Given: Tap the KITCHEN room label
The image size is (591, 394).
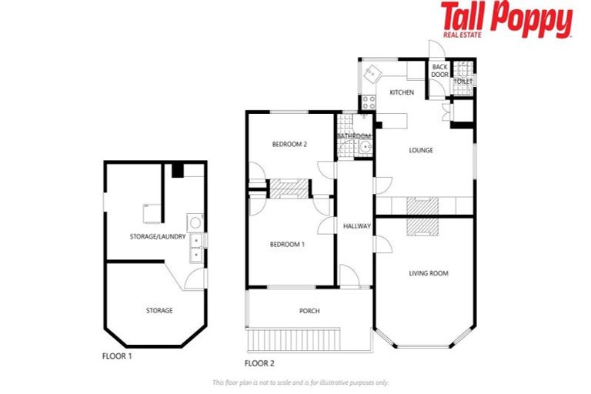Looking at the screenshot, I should [402, 92].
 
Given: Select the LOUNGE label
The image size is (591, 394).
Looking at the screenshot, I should [421, 150].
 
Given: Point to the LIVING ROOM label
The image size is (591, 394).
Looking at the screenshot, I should [429, 273].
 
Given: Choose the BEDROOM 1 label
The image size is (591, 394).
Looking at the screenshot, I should [287, 245].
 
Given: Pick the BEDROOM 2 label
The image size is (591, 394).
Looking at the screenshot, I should [289, 144].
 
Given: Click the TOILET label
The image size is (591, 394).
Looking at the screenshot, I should [462, 81].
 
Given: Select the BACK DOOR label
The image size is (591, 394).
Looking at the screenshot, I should [439, 71].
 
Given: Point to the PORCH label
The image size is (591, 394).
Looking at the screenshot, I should [309, 311].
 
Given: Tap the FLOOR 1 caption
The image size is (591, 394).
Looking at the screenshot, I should [117, 356].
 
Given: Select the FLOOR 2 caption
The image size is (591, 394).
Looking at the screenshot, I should [259, 363].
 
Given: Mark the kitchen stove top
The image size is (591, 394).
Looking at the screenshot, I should [368, 101].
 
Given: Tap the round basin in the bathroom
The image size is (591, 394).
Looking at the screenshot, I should [366, 148].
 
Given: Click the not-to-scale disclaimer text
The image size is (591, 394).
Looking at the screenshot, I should [300, 382].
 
